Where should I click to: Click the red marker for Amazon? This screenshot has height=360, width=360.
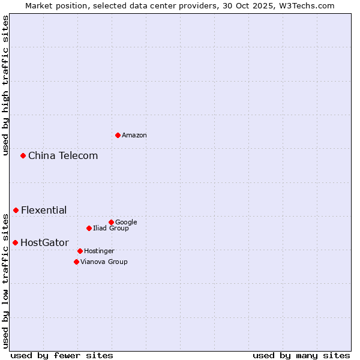[118, 135]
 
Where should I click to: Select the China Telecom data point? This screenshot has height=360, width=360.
[23, 155]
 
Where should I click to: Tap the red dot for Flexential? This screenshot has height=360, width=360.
[16, 210]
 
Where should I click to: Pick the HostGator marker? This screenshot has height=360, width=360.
[16, 242]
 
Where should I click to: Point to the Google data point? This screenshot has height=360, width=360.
[111, 222]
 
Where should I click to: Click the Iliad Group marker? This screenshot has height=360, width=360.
[89, 228]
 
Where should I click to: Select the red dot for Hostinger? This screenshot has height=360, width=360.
[80, 251]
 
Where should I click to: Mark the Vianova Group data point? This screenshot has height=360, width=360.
[76, 262]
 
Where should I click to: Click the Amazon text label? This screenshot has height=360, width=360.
[134, 136]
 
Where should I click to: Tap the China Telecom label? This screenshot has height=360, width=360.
[63, 156]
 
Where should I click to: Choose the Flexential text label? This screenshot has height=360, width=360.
[44, 211]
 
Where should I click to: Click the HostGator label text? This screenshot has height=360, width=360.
[44, 243]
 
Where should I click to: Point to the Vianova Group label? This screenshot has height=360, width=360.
[104, 262]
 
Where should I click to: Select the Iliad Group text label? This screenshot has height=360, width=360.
[111, 229]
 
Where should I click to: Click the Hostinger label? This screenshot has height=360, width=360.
[99, 251]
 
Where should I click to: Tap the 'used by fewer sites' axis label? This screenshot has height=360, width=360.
[62, 355]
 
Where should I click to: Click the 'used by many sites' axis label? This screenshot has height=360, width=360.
[301, 355]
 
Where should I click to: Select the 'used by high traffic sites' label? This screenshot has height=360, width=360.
[5, 85]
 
